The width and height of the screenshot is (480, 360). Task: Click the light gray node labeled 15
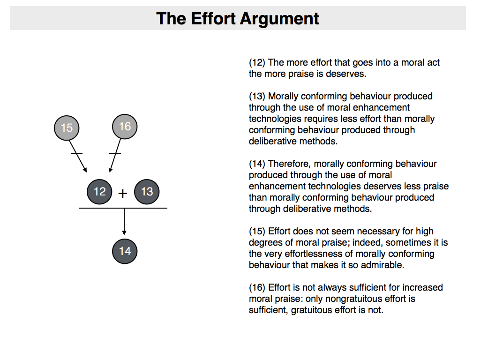pyautogui.click(x=67, y=127)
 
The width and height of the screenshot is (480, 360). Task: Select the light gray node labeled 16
pyautogui.click(x=125, y=126)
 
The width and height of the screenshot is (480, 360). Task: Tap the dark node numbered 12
pyautogui.click(x=99, y=191)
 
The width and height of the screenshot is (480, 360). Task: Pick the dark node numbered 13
pyautogui.click(x=147, y=192)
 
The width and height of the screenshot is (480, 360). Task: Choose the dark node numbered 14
pyautogui.click(x=124, y=251)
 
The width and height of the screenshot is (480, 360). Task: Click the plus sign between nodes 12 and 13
pyautogui.click(x=123, y=193)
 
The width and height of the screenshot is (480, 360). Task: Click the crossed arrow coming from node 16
pyautogui.click(x=113, y=157)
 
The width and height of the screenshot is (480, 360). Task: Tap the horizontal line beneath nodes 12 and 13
pyautogui.click(x=123, y=208)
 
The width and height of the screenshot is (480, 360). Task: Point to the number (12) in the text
pyautogui.click(x=257, y=63)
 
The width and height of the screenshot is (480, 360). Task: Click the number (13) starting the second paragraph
pyautogui.click(x=257, y=97)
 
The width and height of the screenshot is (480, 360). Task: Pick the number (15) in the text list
pyautogui.click(x=257, y=232)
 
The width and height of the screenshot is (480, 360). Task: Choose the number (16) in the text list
pyautogui.click(x=257, y=288)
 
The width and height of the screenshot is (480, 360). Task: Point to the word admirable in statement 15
pyautogui.click(x=381, y=265)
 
